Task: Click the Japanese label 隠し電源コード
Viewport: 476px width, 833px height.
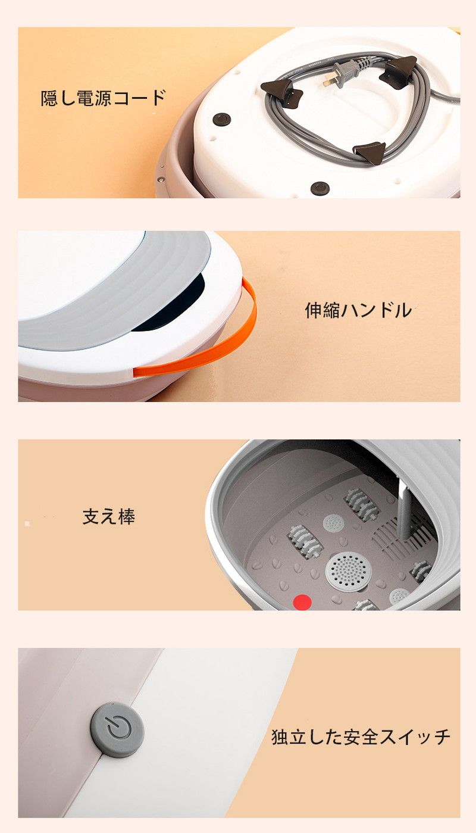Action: tap(103, 98)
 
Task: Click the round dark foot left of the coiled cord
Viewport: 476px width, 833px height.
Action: tap(222, 119)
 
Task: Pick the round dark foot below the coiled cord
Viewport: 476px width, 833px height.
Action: tap(320, 188)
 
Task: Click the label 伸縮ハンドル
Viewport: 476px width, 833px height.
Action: tap(358, 310)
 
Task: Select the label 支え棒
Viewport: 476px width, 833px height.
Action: tap(108, 517)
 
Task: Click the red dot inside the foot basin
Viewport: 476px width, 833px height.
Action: tap(302, 603)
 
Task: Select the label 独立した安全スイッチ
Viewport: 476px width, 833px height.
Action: tap(361, 737)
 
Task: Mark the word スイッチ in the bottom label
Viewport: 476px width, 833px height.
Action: tap(415, 737)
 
